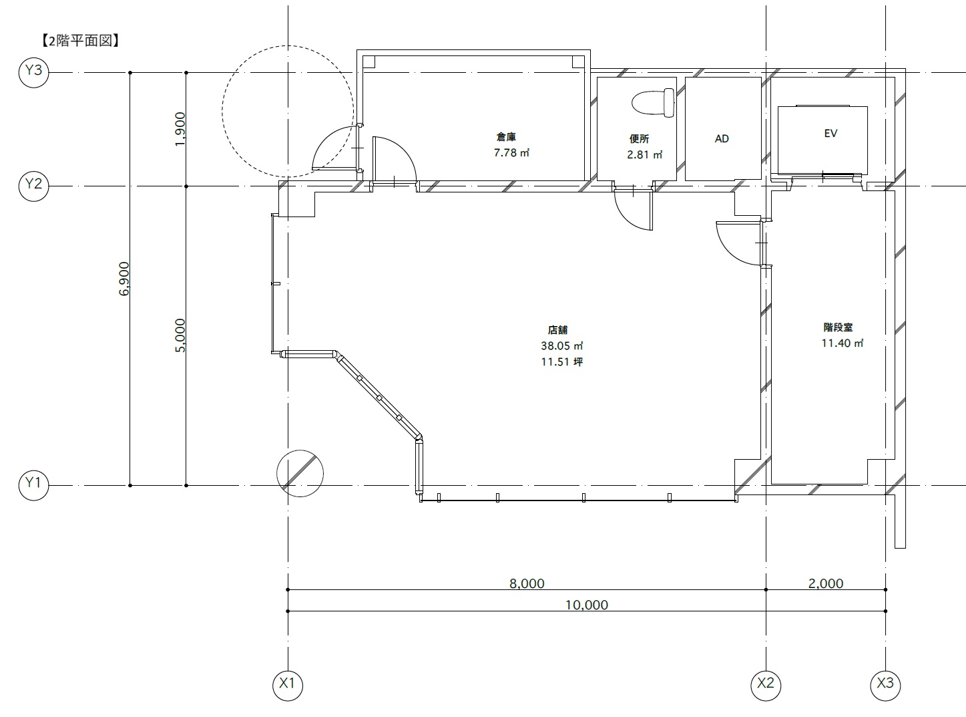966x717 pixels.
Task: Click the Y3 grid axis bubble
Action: coord(33,72)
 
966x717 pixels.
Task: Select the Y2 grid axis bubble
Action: coord(33,186)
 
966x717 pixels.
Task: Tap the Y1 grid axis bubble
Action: coord(33,485)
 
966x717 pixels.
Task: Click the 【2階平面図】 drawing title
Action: coord(79,41)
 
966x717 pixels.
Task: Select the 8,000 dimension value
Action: coord(527,583)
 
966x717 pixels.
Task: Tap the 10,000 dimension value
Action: coord(587,605)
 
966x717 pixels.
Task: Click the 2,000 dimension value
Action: coord(826,583)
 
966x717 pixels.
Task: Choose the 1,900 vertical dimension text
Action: coord(180,129)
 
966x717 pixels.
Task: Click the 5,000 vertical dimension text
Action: coord(180,335)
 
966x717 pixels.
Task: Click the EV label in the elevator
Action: coord(830,134)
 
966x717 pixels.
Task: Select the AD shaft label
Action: coord(722,139)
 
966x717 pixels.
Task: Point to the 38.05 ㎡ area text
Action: coord(562,346)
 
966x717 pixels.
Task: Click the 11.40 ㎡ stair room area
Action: coord(842,343)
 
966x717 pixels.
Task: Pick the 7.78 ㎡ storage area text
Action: coord(512,152)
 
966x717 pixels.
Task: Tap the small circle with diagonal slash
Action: coord(300,473)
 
